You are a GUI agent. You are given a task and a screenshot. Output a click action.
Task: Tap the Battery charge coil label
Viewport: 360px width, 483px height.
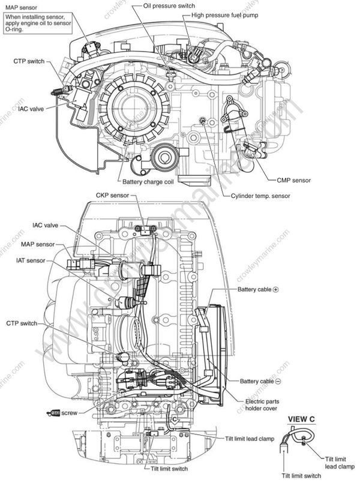[x=148, y=181]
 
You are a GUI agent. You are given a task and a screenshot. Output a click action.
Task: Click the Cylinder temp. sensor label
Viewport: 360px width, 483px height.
[x=260, y=196]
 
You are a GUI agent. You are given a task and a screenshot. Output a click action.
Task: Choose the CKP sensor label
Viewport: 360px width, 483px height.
[x=112, y=196]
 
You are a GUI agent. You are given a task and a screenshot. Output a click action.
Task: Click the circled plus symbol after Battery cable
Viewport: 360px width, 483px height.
[x=276, y=289]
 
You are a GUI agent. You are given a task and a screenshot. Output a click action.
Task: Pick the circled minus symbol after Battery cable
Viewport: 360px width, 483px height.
[x=278, y=382]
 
